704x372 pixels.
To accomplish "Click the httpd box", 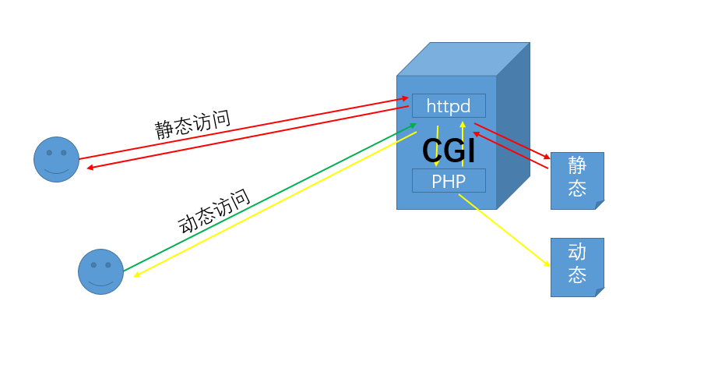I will click(x=449, y=105).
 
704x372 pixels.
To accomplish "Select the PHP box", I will click(x=449, y=181).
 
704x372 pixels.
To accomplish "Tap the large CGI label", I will click(x=449, y=151).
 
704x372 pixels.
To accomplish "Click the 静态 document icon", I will click(x=576, y=179).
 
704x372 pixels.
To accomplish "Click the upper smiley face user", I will click(x=56, y=159).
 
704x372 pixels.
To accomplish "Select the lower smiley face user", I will click(x=100, y=271).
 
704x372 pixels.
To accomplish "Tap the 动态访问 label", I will click(x=214, y=211).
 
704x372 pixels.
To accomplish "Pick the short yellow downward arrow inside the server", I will click(x=437, y=146).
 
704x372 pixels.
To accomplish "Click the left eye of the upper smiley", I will click(x=49, y=153).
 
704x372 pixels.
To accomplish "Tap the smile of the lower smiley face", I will click(x=100, y=282).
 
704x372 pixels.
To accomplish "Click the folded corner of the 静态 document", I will click(x=600, y=205).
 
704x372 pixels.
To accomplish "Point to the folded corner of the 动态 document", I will click(x=600, y=292).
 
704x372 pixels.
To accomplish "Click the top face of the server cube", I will click(x=463, y=58).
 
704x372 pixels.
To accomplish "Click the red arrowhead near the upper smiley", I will click(x=90, y=168).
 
